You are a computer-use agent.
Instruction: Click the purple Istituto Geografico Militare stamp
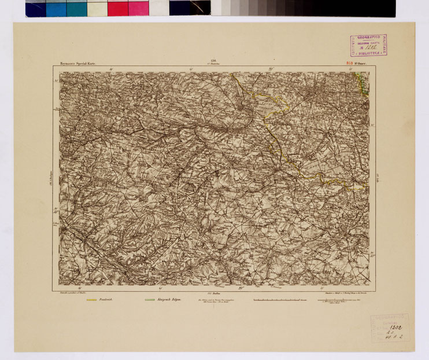pos(368,45)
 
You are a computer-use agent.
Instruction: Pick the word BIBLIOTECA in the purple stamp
pos(368,53)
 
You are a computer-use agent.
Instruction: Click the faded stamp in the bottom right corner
pos(389,327)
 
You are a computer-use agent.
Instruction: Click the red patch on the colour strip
pos(117,9)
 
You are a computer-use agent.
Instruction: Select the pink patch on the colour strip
pos(138,9)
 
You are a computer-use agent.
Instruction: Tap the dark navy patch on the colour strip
pos(35,9)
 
